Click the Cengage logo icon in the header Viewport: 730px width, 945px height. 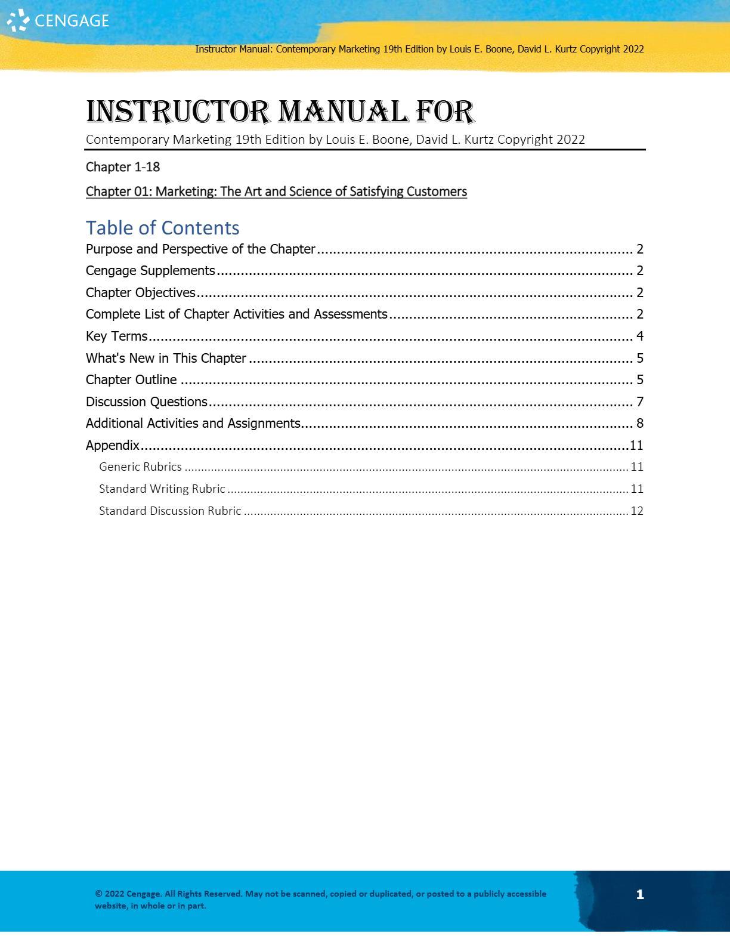click(18, 20)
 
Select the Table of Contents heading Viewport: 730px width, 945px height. click(162, 228)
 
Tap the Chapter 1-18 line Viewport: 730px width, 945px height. click(123, 167)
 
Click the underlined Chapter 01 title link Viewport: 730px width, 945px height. click(276, 192)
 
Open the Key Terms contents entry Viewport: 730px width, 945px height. click(116, 336)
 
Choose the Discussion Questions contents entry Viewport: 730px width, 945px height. click(147, 402)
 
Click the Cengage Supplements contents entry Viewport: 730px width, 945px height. click(150, 271)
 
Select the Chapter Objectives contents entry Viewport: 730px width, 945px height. click(141, 293)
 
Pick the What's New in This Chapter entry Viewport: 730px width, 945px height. click(166, 359)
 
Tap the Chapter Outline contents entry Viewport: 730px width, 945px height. click(131, 380)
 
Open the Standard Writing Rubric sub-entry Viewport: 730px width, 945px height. click(162, 489)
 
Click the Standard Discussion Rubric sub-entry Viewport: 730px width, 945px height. click(170, 511)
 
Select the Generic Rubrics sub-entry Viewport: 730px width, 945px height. click(140, 467)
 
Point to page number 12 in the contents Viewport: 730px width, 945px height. click(637, 511)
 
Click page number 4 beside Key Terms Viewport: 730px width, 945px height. click(640, 336)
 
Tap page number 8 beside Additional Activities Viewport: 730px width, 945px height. click(640, 424)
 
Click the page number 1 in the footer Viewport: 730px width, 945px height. click(640, 894)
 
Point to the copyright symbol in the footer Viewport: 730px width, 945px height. click(98, 894)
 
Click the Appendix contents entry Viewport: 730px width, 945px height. click(113, 446)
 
